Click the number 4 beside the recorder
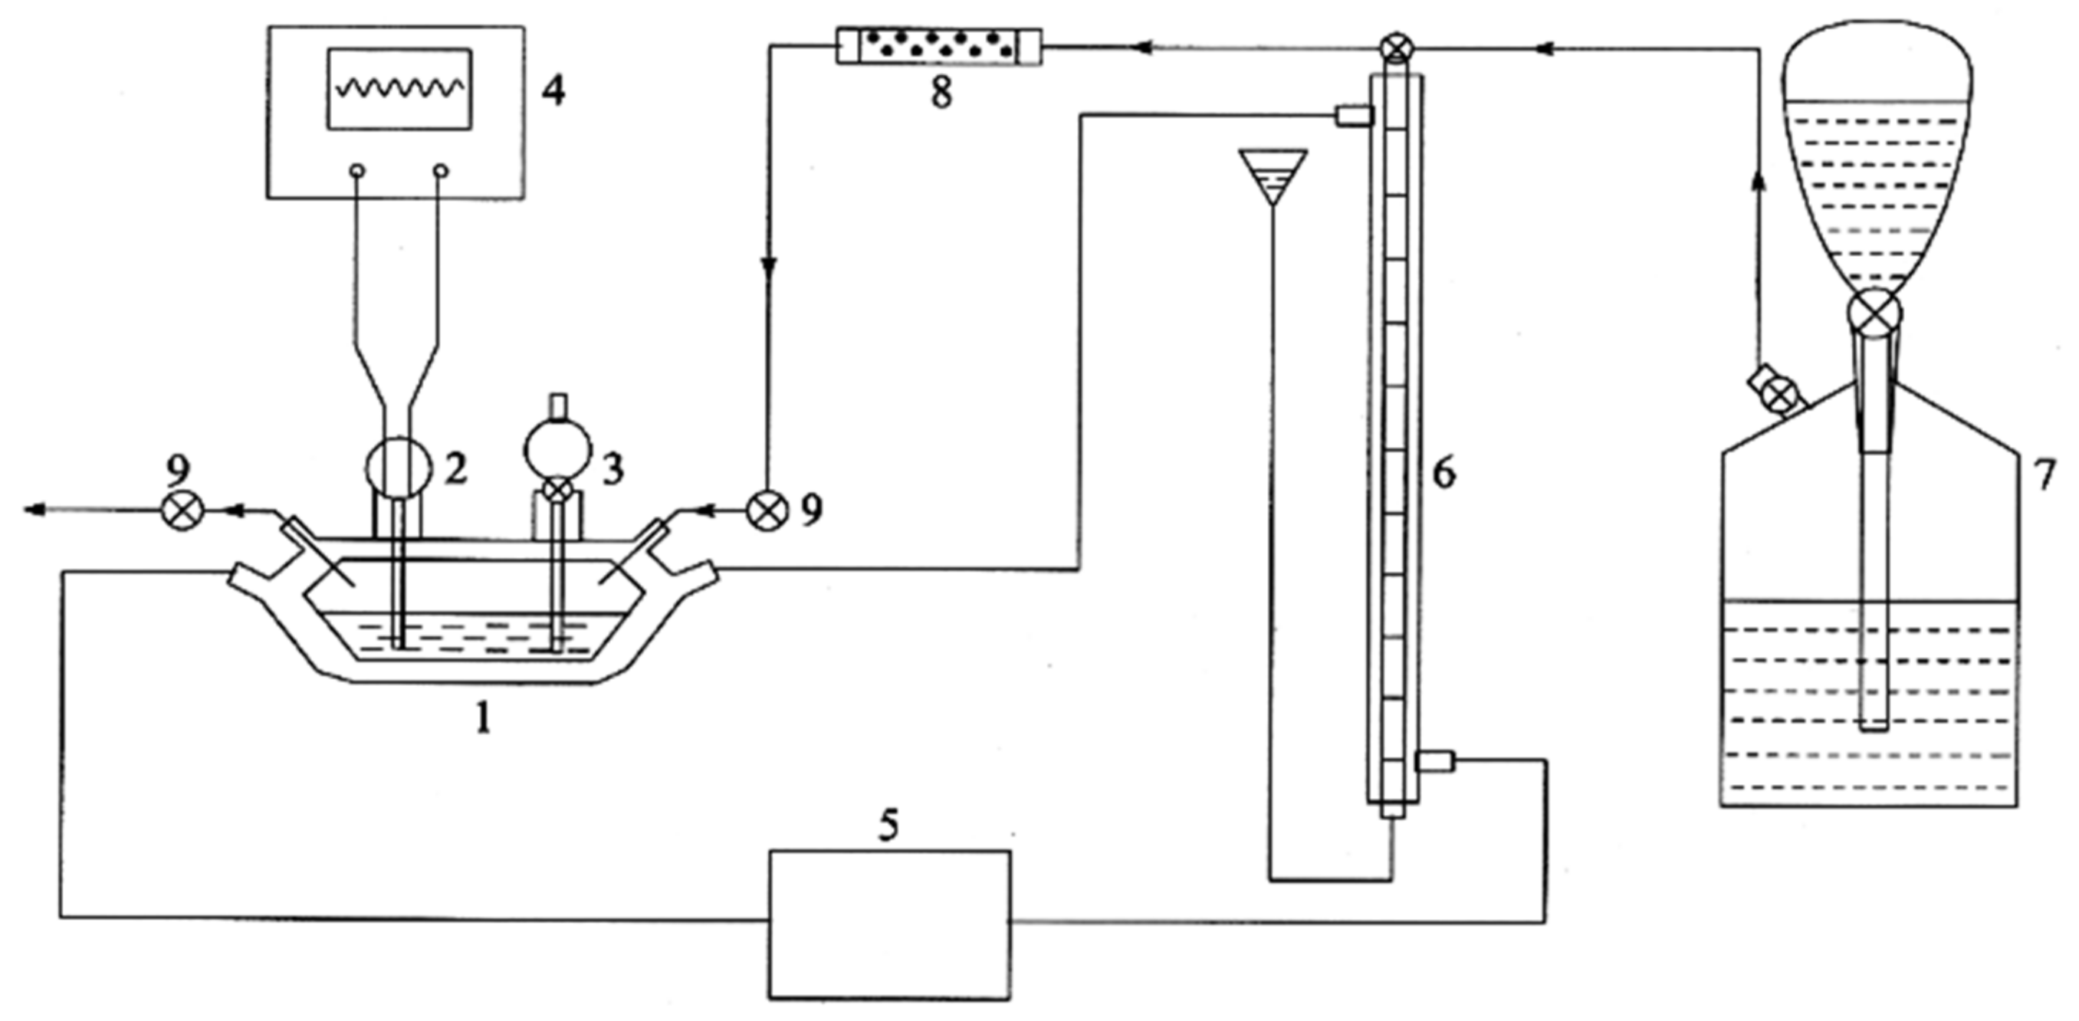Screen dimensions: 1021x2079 click(553, 91)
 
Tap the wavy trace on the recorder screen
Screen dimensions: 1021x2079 click(399, 87)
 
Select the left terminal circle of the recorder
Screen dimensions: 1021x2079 click(357, 171)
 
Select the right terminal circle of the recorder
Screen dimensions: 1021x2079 click(441, 171)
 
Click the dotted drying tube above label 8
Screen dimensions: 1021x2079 click(938, 46)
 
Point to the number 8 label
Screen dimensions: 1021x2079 click(941, 93)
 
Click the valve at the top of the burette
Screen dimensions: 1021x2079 click(1395, 48)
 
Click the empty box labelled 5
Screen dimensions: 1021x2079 click(888, 925)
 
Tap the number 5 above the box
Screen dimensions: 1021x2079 click(888, 826)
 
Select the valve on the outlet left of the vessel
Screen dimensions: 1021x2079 click(181, 509)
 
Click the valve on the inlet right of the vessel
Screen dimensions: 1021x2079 click(767, 509)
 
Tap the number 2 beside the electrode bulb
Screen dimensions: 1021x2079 click(455, 469)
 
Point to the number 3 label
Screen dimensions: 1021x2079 click(613, 469)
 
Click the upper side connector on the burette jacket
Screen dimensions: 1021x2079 click(1354, 117)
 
